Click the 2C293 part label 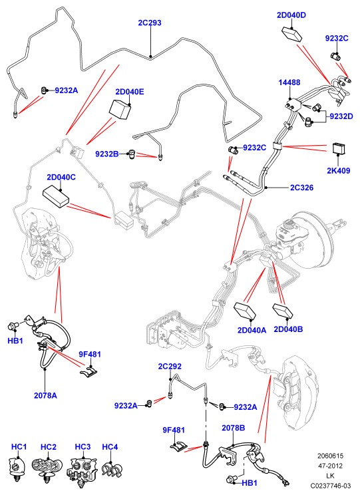[x=149, y=23]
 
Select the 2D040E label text [x=130, y=92]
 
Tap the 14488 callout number [x=289, y=82]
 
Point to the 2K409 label [x=339, y=171]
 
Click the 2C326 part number [x=301, y=188]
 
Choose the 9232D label [x=341, y=116]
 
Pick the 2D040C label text [x=61, y=177]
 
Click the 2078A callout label [x=45, y=395]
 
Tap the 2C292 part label [x=170, y=366]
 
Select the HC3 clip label [x=83, y=447]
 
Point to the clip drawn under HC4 [x=112, y=470]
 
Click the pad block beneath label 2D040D [x=291, y=34]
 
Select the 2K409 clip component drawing [x=339, y=149]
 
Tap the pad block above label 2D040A [x=244, y=311]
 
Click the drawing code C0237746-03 [x=330, y=486]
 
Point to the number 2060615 [x=330, y=456]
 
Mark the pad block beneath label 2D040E [x=120, y=110]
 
